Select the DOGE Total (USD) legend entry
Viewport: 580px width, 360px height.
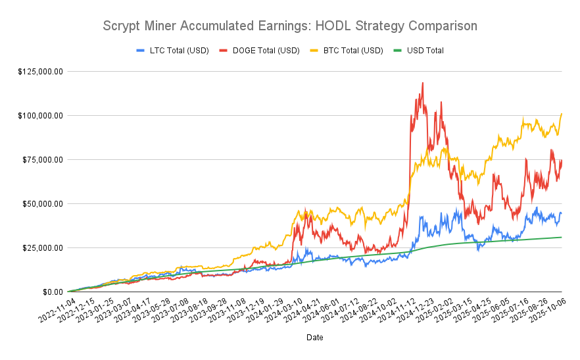260,50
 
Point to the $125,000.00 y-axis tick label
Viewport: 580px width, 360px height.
41,71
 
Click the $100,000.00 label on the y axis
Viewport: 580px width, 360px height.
41,115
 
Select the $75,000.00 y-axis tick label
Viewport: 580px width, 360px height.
43,159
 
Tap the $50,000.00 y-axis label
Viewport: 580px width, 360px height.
43,203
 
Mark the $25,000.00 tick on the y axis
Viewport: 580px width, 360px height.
43,247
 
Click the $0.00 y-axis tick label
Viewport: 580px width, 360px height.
51,292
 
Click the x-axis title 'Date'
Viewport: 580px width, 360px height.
314,337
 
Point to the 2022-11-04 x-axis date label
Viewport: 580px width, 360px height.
55,309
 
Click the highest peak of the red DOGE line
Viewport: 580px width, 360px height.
422,83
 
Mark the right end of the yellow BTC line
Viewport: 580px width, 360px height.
562,114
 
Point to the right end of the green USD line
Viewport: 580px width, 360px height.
562,237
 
